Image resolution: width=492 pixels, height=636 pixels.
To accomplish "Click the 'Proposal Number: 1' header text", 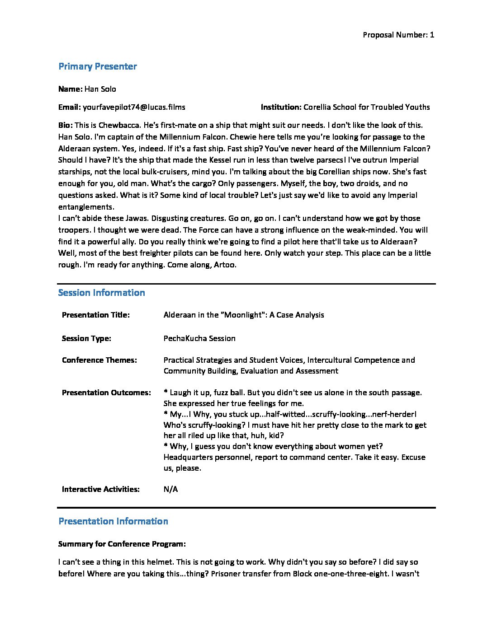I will coord(398,35).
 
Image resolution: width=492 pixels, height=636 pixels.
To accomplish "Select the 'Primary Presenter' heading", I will coord(98,66).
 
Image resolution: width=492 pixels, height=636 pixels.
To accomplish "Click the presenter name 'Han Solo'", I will coord(100,89).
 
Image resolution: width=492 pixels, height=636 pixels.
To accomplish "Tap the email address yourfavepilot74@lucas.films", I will coord(134,107).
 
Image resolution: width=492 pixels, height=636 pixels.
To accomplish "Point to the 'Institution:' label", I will coord(281,107).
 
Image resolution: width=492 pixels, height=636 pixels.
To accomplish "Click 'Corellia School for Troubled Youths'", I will coord(367,107).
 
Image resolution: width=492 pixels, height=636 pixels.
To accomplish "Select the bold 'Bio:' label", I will coord(66,125).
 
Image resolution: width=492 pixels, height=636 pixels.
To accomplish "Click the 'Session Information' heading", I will coord(101,293).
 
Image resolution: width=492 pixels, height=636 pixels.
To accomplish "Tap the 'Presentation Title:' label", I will coord(95,315).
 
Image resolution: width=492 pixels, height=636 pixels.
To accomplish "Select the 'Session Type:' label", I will coord(86,338).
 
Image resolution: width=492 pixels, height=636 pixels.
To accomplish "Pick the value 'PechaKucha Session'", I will coord(199,338).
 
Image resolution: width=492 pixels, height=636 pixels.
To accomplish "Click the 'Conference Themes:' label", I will coord(99,360).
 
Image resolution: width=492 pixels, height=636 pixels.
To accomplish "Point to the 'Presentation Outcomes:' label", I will coord(106,393).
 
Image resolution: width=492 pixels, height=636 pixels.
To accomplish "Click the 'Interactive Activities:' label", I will coord(100,489).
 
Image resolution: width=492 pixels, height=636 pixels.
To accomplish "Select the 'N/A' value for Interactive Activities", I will coord(170,489).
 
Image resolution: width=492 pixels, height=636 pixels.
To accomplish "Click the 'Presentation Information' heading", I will coord(113,521).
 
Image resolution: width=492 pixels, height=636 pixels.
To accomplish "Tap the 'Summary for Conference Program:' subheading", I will coord(122,544).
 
